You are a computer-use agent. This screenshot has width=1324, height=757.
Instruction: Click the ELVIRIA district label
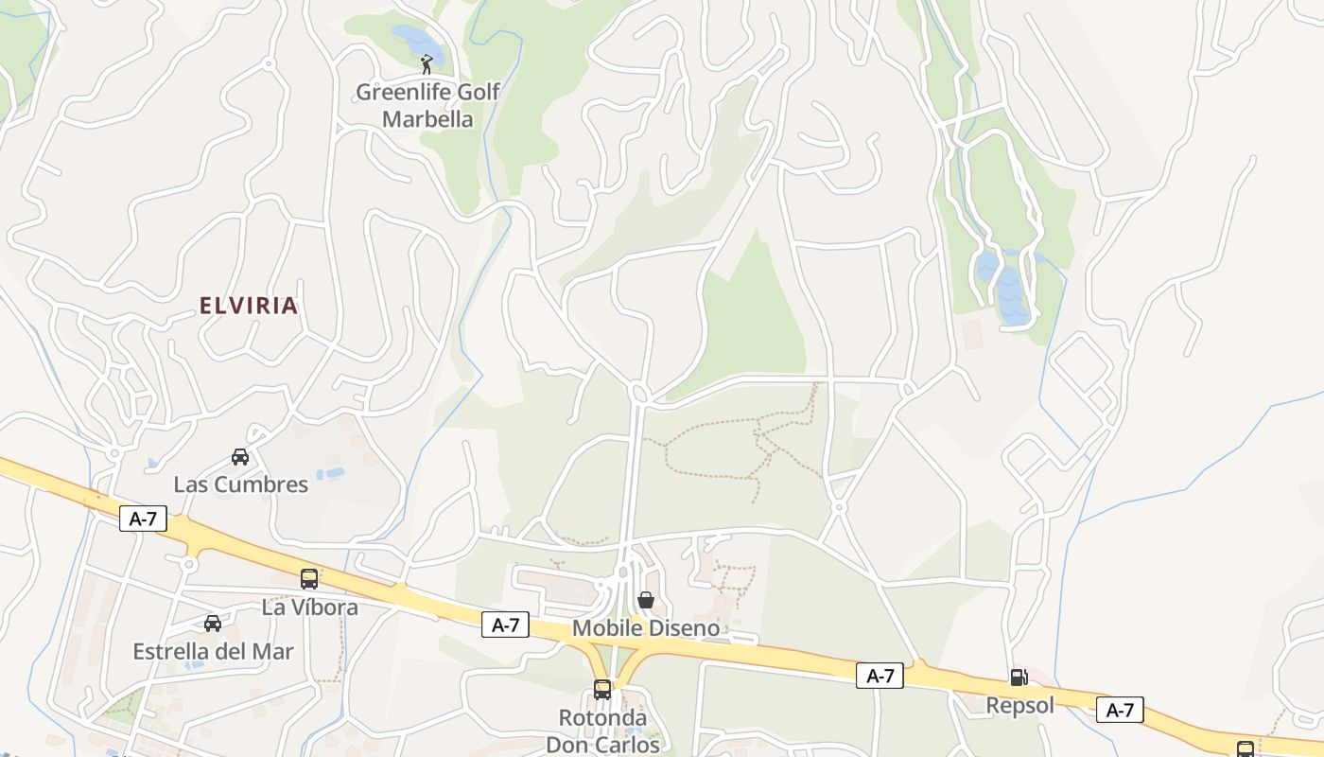point(249,306)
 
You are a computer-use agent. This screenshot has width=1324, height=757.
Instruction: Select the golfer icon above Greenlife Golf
point(427,64)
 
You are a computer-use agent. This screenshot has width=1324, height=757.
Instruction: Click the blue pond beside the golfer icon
point(416,41)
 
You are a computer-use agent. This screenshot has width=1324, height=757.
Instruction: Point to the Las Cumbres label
point(240,484)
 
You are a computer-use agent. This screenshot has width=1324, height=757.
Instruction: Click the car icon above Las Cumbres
point(240,457)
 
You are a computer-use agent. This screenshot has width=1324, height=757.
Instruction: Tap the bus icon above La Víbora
point(309,579)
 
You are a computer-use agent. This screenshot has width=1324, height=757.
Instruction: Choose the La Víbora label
point(309,607)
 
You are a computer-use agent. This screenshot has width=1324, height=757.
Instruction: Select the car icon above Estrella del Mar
point(213,624)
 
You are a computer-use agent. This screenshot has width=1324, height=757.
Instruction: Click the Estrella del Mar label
point(213,652)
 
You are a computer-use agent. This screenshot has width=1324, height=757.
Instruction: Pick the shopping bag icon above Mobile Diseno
point(646,600)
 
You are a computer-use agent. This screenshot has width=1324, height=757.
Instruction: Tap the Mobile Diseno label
point(646,628)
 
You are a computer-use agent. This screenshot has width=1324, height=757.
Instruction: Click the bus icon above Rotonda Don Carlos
point(602,690)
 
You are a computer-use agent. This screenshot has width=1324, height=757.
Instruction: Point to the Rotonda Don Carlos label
point(602,731)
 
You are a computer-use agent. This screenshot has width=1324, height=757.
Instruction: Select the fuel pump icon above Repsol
point(1019,678)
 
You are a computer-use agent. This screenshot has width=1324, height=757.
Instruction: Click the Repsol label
point(1019,706)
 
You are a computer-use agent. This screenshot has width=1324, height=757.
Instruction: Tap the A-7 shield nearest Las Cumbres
point(143,519)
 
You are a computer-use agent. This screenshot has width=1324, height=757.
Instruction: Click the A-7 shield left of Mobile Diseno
point(505,625)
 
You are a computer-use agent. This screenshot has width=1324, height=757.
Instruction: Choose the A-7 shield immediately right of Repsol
point(1120,710)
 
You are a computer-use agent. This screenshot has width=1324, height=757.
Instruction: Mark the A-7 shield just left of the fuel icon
point(880,676)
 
